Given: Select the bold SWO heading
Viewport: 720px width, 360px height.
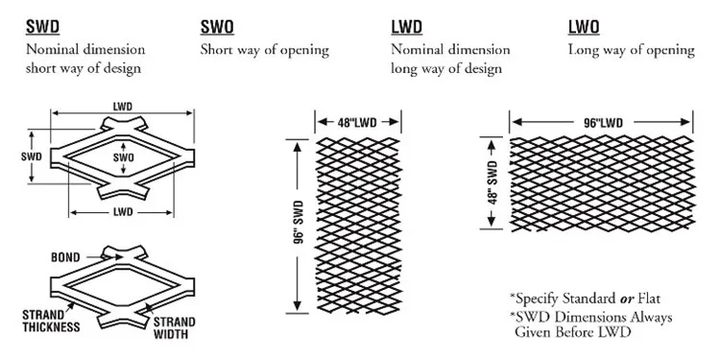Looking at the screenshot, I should point(219,28).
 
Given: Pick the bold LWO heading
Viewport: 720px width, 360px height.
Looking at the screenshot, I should point(586,28).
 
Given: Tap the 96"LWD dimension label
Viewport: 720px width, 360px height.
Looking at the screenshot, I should point(601,123).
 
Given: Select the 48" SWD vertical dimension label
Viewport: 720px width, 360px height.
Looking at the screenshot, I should point(492,183).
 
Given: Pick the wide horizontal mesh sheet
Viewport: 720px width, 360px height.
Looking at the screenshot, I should point(601,184).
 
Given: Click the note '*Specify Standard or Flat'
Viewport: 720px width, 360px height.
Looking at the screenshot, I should point(585,298).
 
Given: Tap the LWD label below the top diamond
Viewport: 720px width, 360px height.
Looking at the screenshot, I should point(122,211).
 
